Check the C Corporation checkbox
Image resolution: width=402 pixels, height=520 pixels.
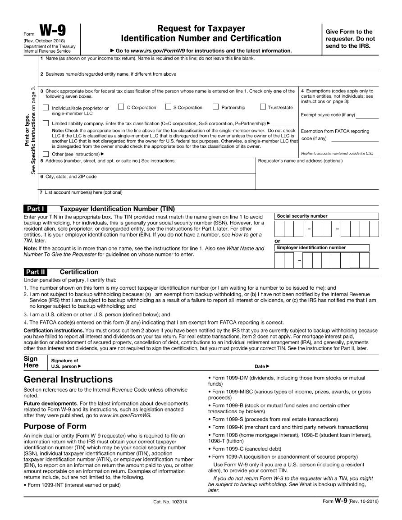pyautogui.click(x=121, y=107)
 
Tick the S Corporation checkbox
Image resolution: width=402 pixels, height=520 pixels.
pyautogui.click(x=168, y=107)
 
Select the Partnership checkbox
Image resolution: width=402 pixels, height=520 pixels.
pyautogui.click(x=215, y=107)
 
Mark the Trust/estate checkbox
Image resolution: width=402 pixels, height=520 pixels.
pyautogui.click(x=263, y=107)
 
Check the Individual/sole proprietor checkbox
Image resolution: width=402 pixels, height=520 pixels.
pyautogui.click(x=46, y=108)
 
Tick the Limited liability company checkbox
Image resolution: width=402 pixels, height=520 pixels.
pyautogui.click(x=46, y=123)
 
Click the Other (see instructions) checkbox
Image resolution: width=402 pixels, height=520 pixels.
pyautogui.click(x=46, y=154)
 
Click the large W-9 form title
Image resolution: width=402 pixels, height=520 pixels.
pyautogui.click(x=52, y=31)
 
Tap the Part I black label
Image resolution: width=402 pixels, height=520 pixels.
pyautogui.click(x=35, y=209)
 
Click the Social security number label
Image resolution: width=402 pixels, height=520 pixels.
pyautogui.click(x=302, y=216)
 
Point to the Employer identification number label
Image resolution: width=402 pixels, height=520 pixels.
pyautogui.click(x=311, y=248)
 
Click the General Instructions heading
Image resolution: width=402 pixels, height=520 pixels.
pyautogui.click(x=68, y=379)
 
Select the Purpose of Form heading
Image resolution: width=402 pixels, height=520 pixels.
pyautogui.click(x=55, y=426)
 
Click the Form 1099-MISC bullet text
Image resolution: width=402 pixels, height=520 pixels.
pyautogui.click(x=288, y=395)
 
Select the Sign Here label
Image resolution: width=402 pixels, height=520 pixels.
pyautogui.click(x=31, y=362)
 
